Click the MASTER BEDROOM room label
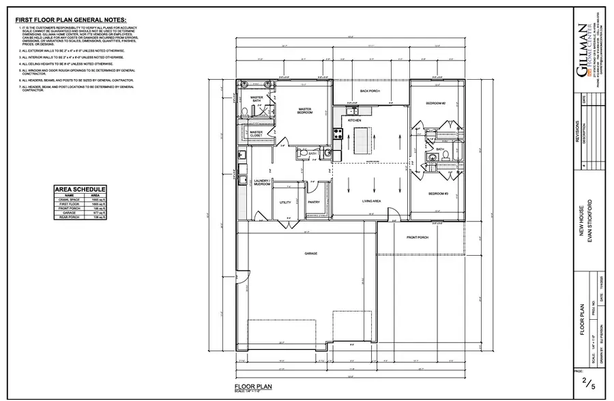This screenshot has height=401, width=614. (304, 110)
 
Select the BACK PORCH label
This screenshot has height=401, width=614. (370, 90)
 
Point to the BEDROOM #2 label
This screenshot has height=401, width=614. (436, 103)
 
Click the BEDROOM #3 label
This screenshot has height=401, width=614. (437, 194)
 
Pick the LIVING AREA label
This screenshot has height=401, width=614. (370, 201)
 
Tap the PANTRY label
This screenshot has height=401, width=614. (314, 202)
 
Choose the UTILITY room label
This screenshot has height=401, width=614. (286, 202)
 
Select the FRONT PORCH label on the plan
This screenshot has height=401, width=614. (417, 237)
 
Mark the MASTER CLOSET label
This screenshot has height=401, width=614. (257, 134)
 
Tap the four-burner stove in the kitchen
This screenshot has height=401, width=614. (336, 135)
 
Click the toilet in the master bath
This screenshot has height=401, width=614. (245, 112)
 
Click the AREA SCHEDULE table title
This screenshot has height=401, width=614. (80, 189)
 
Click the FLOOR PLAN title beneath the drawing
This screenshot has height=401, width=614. (254, 386)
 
